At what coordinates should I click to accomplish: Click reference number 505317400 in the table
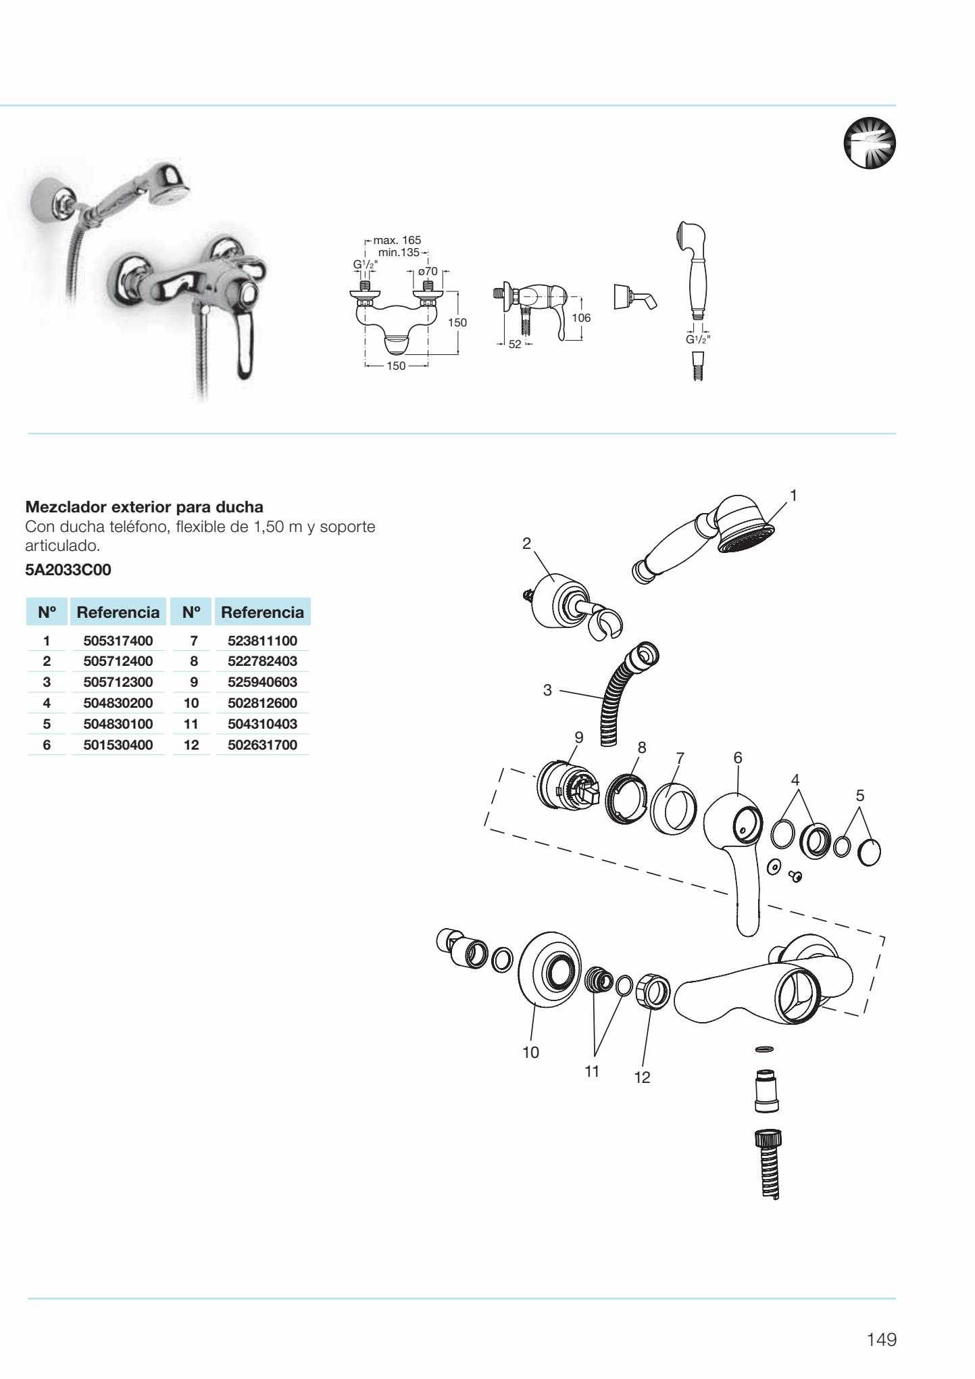coord(118,640)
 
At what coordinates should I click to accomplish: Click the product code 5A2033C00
coord(68,570)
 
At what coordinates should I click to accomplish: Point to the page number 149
coord(882,1339)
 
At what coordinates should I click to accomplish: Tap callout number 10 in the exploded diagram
coord(531,1052)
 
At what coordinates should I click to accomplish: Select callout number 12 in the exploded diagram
coord(642,1078)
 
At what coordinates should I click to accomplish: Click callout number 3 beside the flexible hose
coord(547,690)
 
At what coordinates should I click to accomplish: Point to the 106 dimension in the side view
coord(580,318)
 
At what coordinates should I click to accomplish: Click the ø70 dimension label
coord(428,271)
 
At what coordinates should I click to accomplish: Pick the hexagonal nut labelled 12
coord(653,992)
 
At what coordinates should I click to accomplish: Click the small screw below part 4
coord(796,877)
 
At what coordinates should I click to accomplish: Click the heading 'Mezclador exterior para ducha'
coord(145,507)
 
